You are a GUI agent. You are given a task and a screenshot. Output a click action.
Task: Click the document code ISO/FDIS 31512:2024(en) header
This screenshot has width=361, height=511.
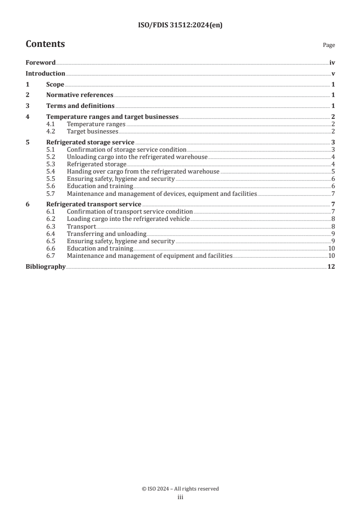(180, 26)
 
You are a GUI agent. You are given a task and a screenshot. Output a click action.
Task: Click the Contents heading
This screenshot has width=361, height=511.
(45, 44)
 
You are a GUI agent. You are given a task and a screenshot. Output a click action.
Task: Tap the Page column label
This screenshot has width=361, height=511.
(329, 45)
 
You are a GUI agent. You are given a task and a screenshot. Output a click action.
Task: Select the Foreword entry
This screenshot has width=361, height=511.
(41, 63)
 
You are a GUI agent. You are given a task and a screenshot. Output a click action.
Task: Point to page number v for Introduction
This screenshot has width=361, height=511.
(333, 74)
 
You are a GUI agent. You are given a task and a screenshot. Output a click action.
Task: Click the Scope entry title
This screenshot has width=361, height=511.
(55, 84)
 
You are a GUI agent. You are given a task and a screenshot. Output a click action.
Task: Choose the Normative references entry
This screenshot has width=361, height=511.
(80, 95)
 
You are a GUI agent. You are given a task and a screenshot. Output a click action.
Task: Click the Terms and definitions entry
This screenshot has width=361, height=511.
(80, 106)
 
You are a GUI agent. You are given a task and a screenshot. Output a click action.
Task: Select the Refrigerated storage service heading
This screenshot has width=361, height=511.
(90, 142)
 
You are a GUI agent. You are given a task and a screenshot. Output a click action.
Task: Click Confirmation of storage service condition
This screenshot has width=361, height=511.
(126, 149)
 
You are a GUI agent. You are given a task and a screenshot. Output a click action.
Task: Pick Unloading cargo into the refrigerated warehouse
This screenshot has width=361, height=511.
(137, 157)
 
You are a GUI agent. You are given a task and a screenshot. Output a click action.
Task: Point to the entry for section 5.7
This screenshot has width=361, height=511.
(162, 194)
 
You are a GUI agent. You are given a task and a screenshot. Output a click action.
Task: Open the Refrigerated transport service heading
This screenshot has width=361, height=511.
(93, 204)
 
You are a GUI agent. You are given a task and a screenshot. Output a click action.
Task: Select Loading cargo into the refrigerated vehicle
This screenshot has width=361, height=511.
(128, 219)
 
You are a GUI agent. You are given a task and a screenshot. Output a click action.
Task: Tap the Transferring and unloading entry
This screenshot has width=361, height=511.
(106, 234)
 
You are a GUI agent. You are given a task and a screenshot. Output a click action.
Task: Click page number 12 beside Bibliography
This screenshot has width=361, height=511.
(331, 266)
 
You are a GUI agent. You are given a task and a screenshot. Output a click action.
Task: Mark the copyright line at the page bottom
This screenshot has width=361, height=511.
(180, 489)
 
